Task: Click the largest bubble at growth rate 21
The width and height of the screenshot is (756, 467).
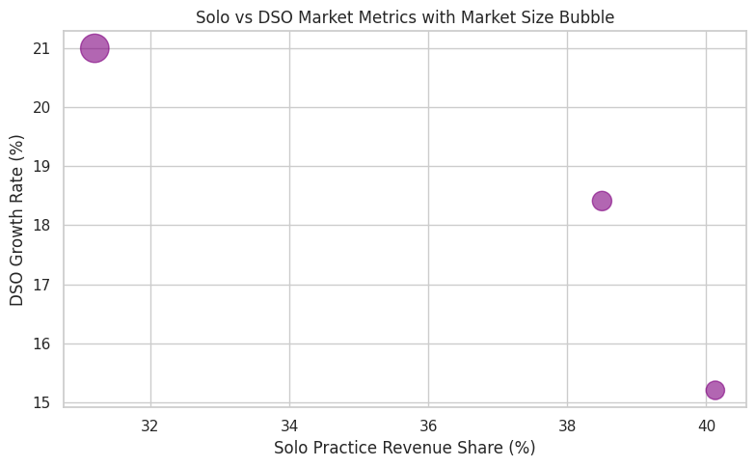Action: (x=94, y=47)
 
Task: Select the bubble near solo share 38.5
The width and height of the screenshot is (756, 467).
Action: (x=602, y=201)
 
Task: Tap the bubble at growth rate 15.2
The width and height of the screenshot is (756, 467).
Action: (x=715, y=390)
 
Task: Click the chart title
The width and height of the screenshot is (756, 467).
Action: (x=405, y=17)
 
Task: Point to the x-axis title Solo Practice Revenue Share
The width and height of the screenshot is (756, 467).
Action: (x=404, y=448)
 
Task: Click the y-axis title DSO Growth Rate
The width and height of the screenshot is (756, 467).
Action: (x=16, y=220)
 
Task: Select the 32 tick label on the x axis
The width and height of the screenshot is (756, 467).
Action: (x=150, y=426)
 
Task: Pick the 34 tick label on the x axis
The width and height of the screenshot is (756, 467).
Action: (x=289, y=426)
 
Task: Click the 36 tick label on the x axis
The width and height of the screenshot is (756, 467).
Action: (x=428, y=426)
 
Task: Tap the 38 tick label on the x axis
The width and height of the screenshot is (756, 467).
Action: (x=567, y=426)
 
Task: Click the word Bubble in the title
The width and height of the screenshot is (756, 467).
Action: (x=588, y=17)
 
